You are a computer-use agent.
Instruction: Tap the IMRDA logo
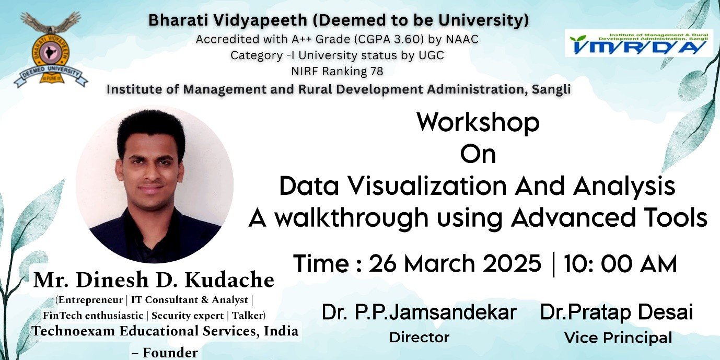click(x=638, y=43)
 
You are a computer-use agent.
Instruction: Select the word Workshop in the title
click(x=478, y=123)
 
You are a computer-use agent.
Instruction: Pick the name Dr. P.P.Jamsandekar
click(x=419, y=313)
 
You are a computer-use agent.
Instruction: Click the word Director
click(x=419, y=338)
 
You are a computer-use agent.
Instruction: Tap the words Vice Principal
click(x=618, y=338)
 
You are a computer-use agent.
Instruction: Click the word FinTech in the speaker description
click(x=61, y=316)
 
